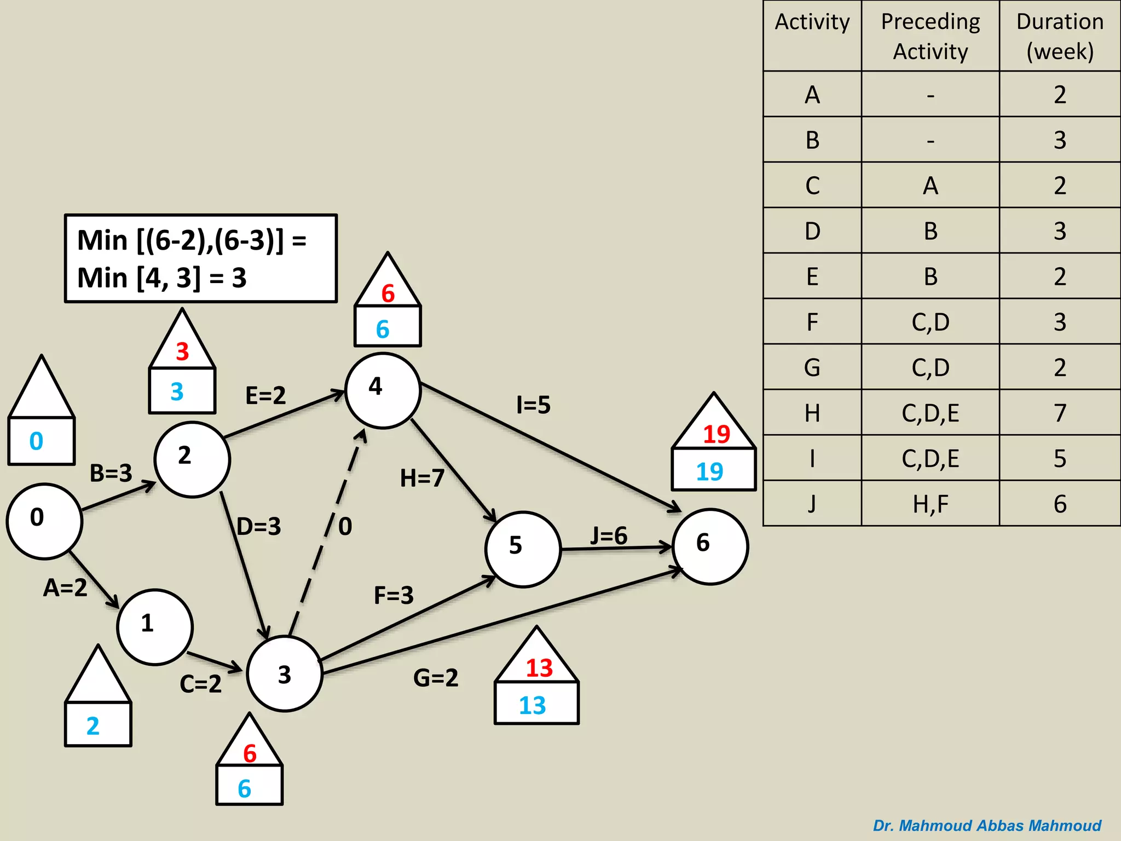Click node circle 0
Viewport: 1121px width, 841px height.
click(44, 521)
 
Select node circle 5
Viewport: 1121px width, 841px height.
click(523, 549)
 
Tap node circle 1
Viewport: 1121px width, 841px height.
click(155, 627)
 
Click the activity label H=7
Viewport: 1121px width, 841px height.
click(421, 478)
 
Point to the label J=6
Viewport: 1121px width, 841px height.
click(608, 535)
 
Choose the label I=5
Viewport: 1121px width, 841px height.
click(533, 405)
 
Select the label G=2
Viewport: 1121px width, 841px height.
click(435, 678)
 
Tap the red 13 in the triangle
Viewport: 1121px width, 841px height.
click(539, 667)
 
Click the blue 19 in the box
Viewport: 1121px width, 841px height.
click(709, 471)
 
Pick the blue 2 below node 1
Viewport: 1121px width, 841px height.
click(93, 726)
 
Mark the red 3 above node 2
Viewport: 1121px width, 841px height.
click(182, 352)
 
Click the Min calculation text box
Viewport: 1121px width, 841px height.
click(200, 258)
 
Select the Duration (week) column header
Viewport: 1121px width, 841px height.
click(1059, 36)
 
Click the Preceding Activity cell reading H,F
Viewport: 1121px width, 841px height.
click(930, 504)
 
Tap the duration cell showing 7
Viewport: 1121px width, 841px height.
click(1059, 413)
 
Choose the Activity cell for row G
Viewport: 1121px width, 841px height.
click(812, 367)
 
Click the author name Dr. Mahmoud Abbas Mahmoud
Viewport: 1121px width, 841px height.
click(986, 825)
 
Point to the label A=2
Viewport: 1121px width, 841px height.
click(65, 587)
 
